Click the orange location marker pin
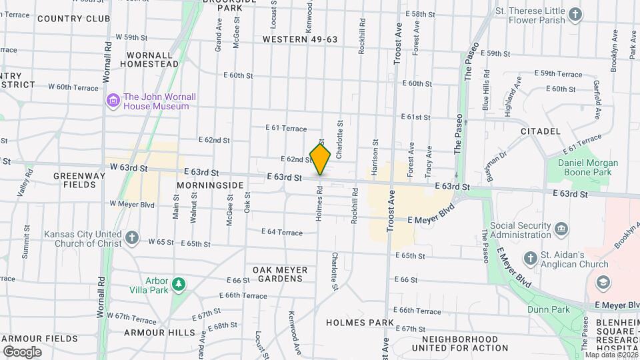[321, 159]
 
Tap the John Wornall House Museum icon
[113, 101]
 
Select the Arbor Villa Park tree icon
[178, 285]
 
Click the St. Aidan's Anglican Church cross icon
[530, 258]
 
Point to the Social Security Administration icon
[562, 229]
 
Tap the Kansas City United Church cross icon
[132, 237]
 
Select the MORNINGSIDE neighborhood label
[211, 184]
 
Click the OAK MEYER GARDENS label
[280, 274]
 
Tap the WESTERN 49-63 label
[300, 39]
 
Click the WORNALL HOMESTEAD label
[149, 59]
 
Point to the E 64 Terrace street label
[285, 233]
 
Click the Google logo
[22, 351]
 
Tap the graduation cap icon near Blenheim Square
[603, 282]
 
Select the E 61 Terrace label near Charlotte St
[286, 128]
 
